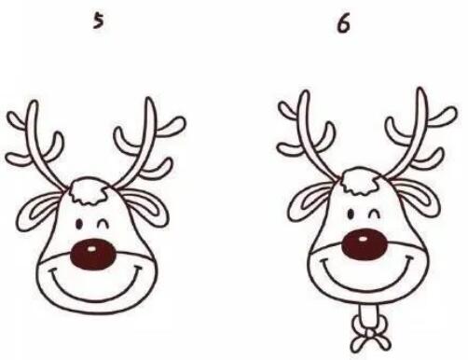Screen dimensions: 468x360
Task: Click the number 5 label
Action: coord(98,22)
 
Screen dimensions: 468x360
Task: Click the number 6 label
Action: coord(344,23)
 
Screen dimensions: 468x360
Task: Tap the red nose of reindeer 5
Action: coord(92,254)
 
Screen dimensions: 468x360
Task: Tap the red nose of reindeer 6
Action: coord(365,244)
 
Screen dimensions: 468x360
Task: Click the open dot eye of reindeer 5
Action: coord(79,224)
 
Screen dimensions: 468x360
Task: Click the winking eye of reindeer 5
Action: coord(103,224)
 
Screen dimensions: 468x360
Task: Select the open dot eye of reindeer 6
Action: coord(351,215)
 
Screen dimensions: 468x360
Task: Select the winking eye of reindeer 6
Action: coord(374,214)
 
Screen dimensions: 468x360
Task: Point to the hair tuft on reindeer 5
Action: coord(88,191)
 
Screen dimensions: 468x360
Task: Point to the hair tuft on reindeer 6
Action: coord(361,181)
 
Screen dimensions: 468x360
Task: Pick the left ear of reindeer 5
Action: coord(37,211)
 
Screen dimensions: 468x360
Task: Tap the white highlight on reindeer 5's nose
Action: coord(91,249)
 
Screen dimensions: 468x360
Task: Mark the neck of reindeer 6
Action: coord(370,314)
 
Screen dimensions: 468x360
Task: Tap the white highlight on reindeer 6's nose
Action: coord(363,239)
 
